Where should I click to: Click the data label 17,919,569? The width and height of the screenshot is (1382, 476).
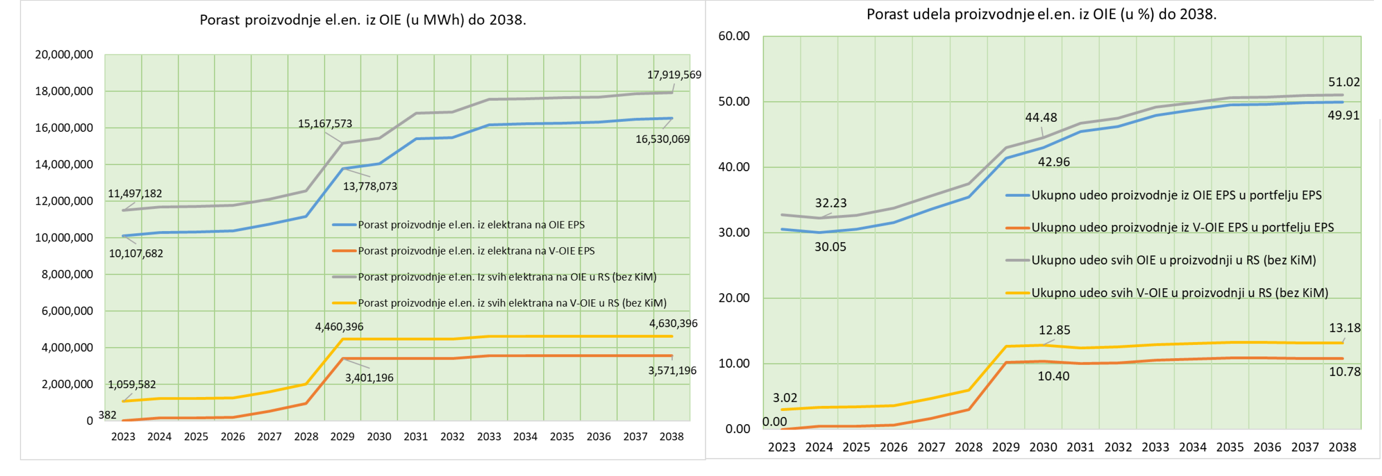pyautogui.click(x=674, y=75)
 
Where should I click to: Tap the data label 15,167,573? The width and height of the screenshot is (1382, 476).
pyautogui.click(x=325, y=124)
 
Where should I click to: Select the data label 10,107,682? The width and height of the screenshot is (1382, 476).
pyautogui.click(x=136, y=253)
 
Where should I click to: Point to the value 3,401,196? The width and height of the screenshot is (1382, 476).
pyautogui.click(x=369, y=378)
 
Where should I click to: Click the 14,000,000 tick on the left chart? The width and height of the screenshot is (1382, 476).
pyautogui.click(x=64, y=165)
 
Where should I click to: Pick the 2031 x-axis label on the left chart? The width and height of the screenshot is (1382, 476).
pyautogui.click(x=416, y=437)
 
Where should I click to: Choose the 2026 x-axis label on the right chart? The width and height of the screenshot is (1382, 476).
pyautogui.click(x=893, y=447)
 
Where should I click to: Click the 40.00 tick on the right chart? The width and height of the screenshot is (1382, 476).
pyautogui.click(x=734, y=167)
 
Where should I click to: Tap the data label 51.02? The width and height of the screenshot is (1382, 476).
pyautogui.click(x=1344, y=83)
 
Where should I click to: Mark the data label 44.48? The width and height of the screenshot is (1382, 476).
pyautogui.click(x=1041, y=117)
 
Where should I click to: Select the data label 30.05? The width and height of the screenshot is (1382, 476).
pyautogui.click(x=830, y=247)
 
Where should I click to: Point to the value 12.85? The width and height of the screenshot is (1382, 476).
pyautogui.click(x=1054, y=330)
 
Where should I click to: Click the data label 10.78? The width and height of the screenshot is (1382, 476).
pyautogui.click(x=1344, y=372)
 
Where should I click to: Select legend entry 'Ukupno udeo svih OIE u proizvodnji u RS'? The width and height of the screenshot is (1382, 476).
pyautogui.click(x=1173, y=261)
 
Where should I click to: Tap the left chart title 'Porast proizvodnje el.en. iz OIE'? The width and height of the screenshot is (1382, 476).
pyautogui.click(x=363, y=20)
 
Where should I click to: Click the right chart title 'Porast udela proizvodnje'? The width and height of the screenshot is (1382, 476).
pyautogui.click(x=1041, y=14)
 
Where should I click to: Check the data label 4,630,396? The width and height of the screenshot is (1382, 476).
pyautogui.click(x=673, y=324)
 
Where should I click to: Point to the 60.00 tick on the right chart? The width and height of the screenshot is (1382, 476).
pyautogui.click(x=734, y=37)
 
